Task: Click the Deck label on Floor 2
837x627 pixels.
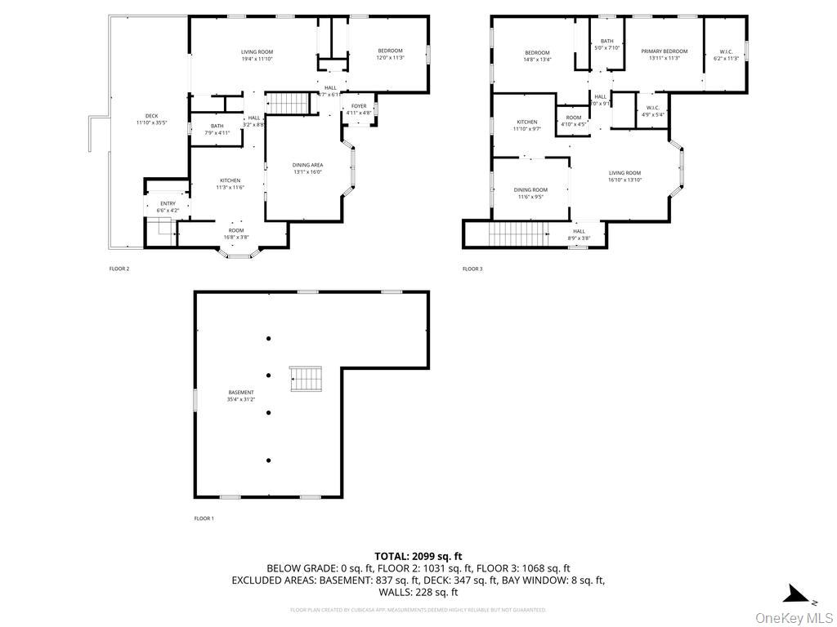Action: pos(152,116)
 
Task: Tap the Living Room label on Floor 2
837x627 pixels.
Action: pos(257,52)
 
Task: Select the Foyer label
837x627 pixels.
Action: pos(359,106)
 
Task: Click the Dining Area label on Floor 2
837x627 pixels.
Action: pos(307,165)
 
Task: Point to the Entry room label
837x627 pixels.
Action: pos(168,204)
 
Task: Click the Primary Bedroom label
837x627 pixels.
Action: pos(664,51)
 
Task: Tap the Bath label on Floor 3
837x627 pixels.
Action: pos(606,42)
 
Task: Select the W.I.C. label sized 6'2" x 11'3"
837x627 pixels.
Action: pos(726,51)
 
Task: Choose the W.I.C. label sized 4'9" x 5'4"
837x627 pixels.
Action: pos(652,108)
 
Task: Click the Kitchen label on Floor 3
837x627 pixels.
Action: pos(526,122)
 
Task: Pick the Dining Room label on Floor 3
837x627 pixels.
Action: pos(530,189)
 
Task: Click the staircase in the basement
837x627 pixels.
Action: pos(307,379)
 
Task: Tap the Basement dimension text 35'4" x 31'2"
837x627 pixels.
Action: pos(241,399)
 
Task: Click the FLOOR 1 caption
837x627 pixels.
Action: pos(204,518)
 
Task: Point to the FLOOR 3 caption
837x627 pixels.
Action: pos(472,269)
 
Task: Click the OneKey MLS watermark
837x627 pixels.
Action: pos(793,616)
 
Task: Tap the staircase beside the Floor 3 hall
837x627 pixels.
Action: pos(517,234)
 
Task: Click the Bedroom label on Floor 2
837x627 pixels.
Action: pos(390,51)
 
